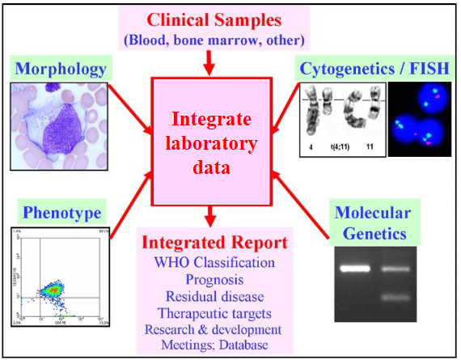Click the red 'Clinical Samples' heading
tap(215, 17)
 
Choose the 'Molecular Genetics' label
tap(374, 223)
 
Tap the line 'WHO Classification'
tap(214, 263)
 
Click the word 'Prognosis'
tap(214, 279)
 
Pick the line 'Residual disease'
tap(214, 296)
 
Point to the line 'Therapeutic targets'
tap(214, 313)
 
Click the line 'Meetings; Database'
tap(214, 346)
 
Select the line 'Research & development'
tap(214, 329)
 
